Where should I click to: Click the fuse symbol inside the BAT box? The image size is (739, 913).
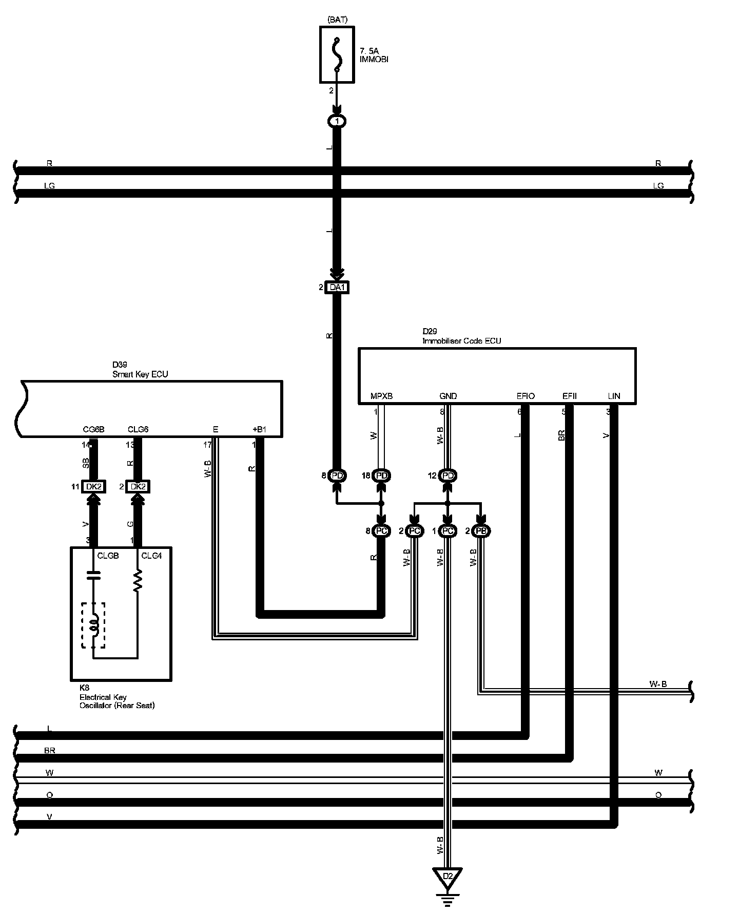pyautogui.click(x=337, y=54)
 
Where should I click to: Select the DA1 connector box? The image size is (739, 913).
pyautogui.click(x=337, y=288)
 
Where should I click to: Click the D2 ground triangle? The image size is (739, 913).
pyautogui.click(x=448, y=875)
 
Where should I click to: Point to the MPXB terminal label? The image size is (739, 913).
pyautogui.click(x=381, y=396)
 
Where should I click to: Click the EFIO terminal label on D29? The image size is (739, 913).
pyautogui.click(x=526, y=396)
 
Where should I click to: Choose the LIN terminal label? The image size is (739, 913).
pyautogui.click(x=614, y=396)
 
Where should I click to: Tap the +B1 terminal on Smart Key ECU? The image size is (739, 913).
pyautogui.click(x=260, y=429)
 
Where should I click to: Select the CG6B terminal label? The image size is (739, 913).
pyautogui.click(x=93, y=429)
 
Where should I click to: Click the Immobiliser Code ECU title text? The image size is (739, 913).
pyautogui.click(x=461, y=340)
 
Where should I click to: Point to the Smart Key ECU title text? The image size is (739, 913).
pyautogui.click(x=140, y=374)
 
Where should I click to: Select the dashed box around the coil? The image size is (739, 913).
pyautogui.click(x=93, y=625)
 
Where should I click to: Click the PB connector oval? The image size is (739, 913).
pyautogui.click(x=481, y=531)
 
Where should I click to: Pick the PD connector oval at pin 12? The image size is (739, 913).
pyautogui.click(x=448, y=476)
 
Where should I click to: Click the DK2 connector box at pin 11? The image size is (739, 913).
pyautogui.click(x=93, y=486)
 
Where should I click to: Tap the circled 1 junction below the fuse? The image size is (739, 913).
pyautogui.click(x=337, y=122)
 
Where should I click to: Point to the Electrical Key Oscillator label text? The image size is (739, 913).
pyautogui.click(x=117, y=701)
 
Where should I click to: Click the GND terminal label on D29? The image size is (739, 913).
pyautogui.click(x=448, y=396)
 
